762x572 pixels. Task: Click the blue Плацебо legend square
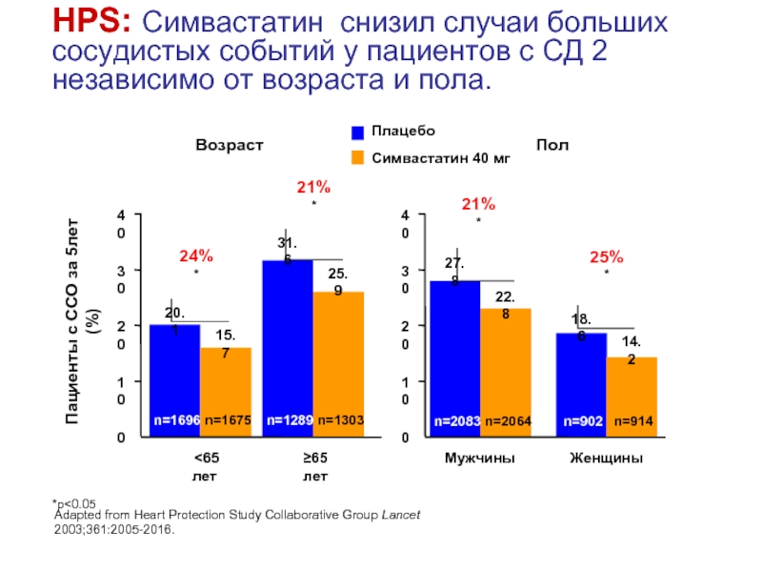coord(358,133)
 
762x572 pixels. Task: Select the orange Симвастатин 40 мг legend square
coord(358,158)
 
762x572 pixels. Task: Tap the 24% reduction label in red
coord(196,255)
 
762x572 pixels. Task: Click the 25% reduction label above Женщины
coord(606,255)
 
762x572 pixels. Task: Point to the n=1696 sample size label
coord(174,419)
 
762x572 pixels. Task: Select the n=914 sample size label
coord(632,419)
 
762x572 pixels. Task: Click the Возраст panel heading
coord(229,144)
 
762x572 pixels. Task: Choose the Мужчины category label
coord(480,459)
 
